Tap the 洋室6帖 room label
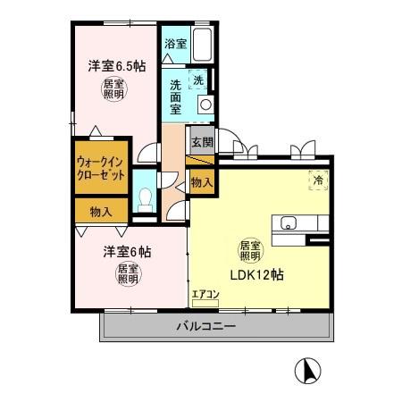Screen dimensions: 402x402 (x=126, y=251)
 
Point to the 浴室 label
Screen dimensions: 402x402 (x=175, y=43)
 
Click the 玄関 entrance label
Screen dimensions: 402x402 (x=202, y=142)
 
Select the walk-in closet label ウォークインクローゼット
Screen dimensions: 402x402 (x=101, y=167)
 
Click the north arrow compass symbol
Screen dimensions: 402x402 (x=306, y=368)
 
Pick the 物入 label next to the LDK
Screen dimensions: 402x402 (x=202, y=181)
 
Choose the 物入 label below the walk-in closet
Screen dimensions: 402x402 (x=101, y=212)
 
